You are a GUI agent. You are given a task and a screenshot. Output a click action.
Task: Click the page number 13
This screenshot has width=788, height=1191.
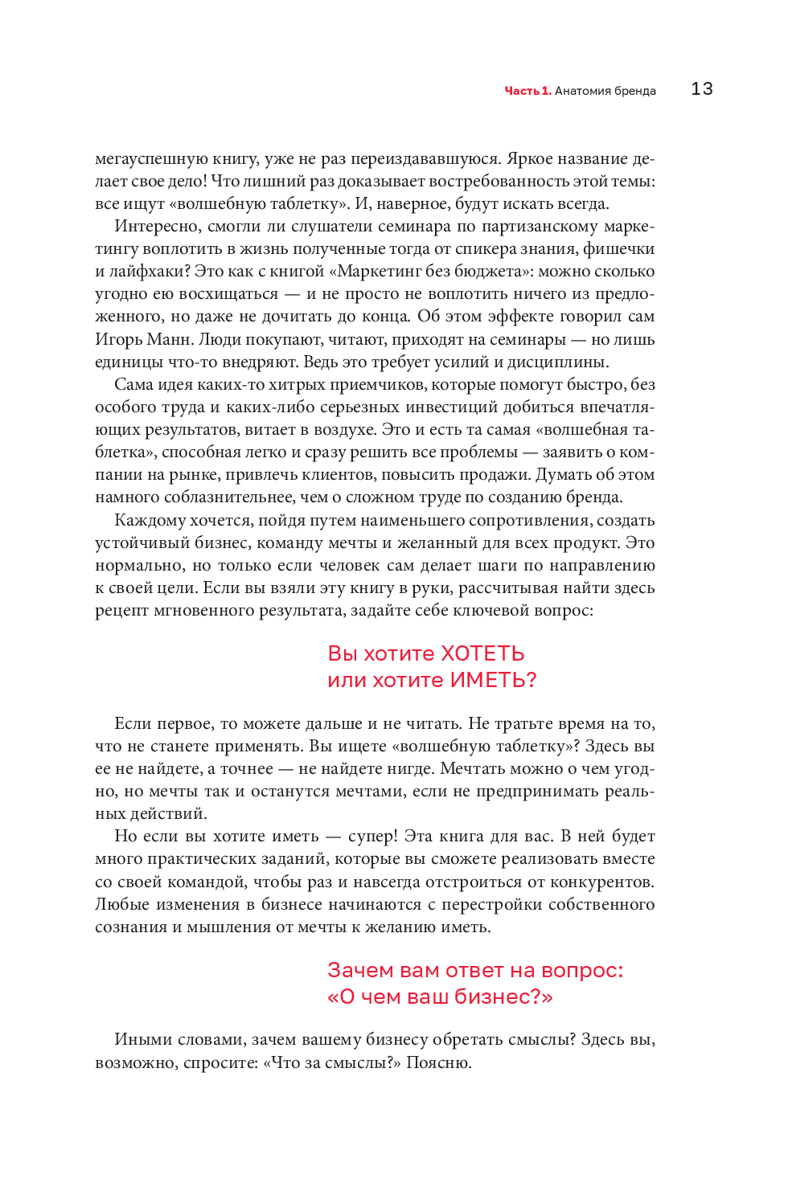pyautogui.click(x=701, y=89)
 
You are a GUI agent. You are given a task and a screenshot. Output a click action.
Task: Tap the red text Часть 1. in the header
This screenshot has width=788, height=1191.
pyautogui.click(x=527, y=91)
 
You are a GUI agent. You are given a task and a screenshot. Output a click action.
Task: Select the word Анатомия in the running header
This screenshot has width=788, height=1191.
pyautogui.click(x=583, y=91)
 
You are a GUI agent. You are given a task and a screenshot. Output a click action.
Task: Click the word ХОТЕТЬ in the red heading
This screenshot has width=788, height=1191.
pyautogui.click(x=482, y=653)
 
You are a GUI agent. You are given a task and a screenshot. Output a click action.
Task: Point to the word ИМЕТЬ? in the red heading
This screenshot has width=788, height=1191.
pyautogui.click(x=493, y=680)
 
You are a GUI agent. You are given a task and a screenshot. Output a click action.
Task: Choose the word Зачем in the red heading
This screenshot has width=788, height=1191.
pyautogui.click(x=360, y=970)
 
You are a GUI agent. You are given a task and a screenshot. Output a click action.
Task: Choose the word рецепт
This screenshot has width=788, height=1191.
pyautogui.click(x=121, y=611)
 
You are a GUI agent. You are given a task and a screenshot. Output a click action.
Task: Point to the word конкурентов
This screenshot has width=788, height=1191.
pyautogui.click(x=601, y=882)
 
